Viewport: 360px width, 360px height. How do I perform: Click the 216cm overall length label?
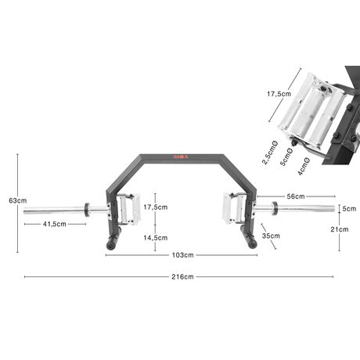click(182, 277)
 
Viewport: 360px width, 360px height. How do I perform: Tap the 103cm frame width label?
click(182, 255)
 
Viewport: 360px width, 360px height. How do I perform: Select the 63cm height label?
click(17, 200)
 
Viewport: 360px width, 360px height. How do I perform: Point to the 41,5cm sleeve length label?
click(55, 224)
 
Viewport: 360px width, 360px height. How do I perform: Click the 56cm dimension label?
click(296, 196)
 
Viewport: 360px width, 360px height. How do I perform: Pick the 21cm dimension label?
click(340, 229)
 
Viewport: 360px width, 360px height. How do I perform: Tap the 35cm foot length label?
click(271, 236)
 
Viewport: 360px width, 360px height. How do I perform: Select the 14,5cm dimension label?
click(156, 238)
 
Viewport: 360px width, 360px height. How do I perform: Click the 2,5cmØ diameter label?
click(270, 153)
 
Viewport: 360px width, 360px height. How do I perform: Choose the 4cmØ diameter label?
click(304, 167)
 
